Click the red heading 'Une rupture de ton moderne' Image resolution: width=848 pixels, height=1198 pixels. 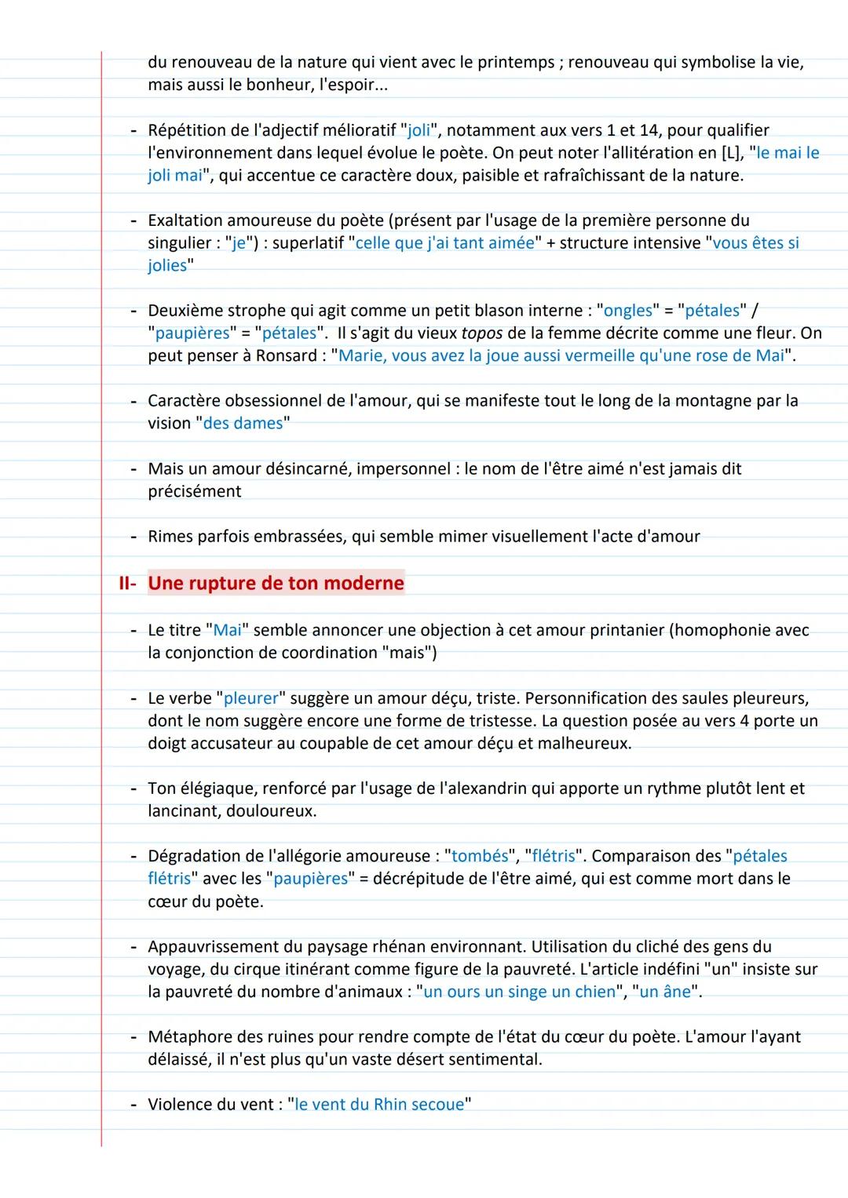(276, 584)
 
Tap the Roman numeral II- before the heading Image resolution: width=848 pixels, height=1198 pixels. (127, 584)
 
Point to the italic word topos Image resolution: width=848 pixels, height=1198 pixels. (481, 333)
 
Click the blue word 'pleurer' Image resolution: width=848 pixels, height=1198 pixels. (251, 698)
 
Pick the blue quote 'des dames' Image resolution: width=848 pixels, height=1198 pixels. (243, 424)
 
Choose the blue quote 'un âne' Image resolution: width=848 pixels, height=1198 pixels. (666, 992)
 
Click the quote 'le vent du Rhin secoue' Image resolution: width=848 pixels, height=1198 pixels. (379, 1105)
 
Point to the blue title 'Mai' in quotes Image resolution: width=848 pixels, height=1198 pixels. (228, 631)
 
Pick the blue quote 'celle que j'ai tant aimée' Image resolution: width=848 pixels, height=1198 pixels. (445, 243)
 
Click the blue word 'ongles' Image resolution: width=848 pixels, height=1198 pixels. (628, 311)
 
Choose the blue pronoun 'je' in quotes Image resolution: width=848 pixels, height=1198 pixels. (239, 243)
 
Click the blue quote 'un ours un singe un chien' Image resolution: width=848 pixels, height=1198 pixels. (519, 992)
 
